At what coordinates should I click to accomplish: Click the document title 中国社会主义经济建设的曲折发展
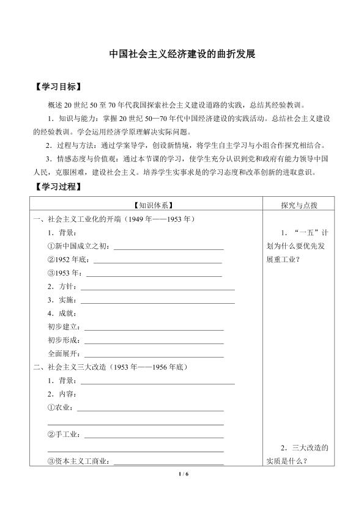tap(182, 53)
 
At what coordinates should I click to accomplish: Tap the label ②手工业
tap(64, 435)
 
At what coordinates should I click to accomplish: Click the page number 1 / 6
tap(182, 474)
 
